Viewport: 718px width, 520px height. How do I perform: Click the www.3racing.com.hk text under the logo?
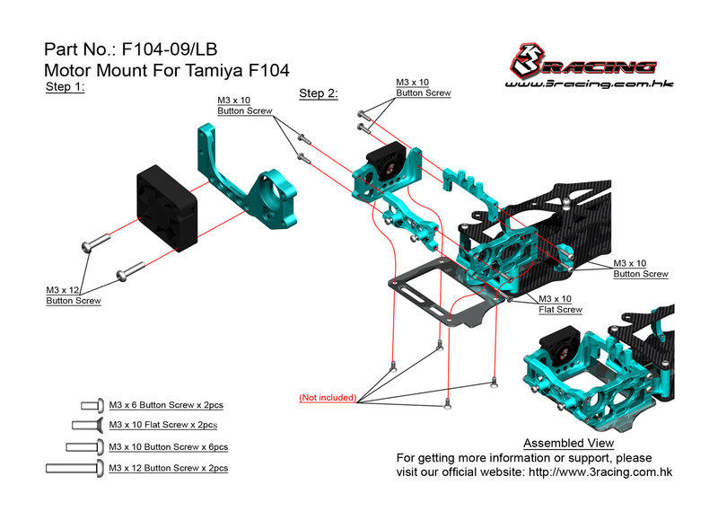tap(590, 85)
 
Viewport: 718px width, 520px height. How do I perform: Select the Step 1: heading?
tap(64, 87)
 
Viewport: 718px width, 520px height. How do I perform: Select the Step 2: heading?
tap(318, 93)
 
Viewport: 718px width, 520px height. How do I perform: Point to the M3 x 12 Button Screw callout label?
tap(73, 295)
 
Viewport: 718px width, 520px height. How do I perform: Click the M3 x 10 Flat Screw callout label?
tap(560, 304)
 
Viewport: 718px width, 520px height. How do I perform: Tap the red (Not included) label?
tap(328, 397)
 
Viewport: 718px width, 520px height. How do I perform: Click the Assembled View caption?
tap(568, 444)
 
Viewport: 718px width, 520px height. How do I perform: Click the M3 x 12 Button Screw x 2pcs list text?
tap(168, 468)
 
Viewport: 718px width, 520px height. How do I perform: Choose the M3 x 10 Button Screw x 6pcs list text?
tap(168, 446)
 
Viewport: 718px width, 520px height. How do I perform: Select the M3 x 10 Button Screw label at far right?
tap(640, 269)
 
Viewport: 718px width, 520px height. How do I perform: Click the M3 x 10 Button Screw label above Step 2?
tap(423, 87)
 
